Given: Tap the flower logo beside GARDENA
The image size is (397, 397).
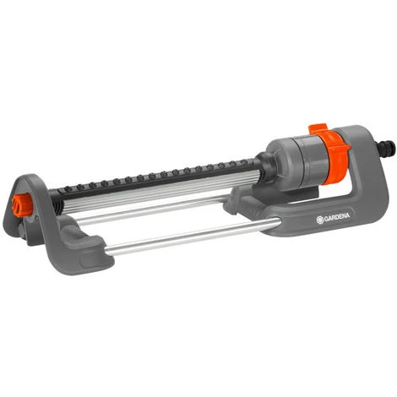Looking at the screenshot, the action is (x=320, y=220).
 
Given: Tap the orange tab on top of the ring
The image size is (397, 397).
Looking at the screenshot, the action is (x=318, y=129).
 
